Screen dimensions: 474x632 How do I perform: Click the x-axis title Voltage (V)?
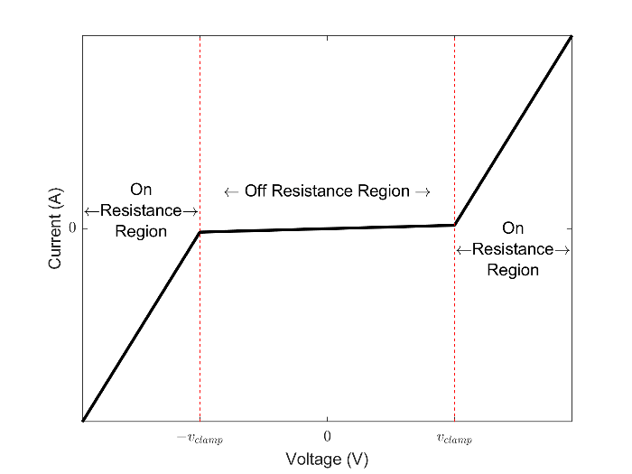(327, 460)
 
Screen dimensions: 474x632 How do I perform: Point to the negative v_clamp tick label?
(199, 440)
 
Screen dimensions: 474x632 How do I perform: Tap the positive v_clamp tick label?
(454, 440)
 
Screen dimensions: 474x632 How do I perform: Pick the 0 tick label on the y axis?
(72, 228)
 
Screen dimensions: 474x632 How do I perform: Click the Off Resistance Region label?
(327, 191)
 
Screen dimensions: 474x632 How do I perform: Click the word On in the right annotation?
(513, 229)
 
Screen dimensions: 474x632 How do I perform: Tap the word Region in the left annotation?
(141, 232)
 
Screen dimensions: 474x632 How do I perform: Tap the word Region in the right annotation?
(513, 270)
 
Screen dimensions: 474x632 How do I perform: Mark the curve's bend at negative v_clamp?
(200, 232)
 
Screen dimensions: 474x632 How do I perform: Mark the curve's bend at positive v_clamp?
(454, 225)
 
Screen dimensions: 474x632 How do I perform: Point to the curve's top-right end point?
(572, 36)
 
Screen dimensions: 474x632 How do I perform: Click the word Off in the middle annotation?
(256, 191)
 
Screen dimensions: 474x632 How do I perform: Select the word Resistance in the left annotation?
(141, 211)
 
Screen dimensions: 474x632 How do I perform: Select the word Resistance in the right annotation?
(513, 249)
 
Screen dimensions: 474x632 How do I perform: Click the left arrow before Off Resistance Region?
(230, 191)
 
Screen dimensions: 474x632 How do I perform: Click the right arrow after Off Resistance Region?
(423, 191)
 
